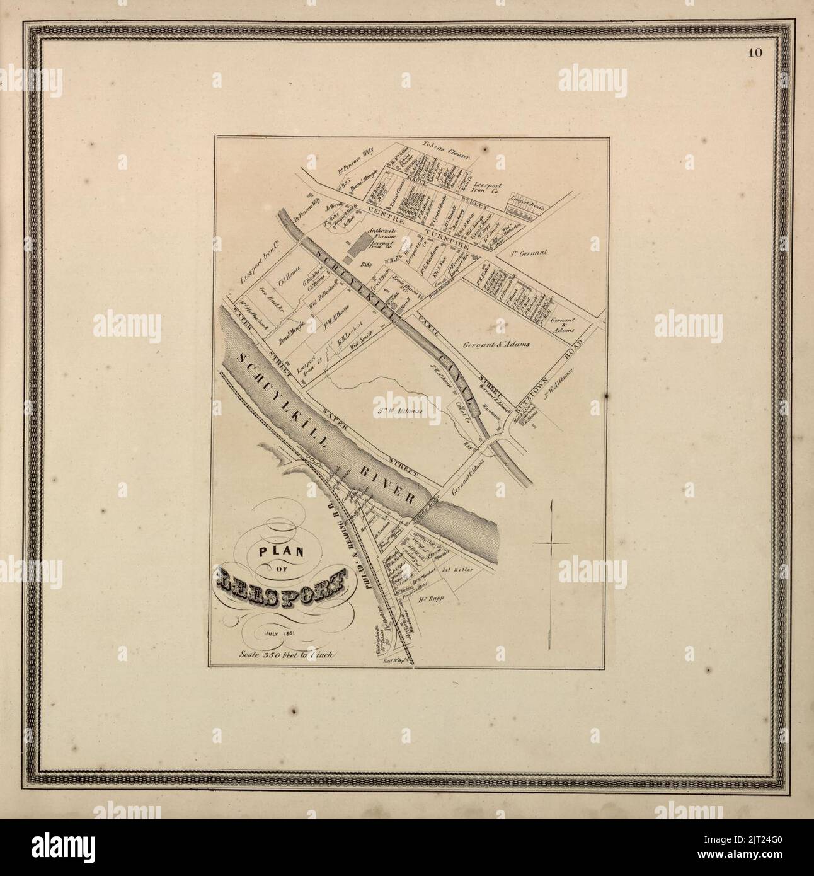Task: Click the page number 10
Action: point(755,52)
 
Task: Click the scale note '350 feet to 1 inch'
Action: point(289,654)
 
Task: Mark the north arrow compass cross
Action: point(551,541)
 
